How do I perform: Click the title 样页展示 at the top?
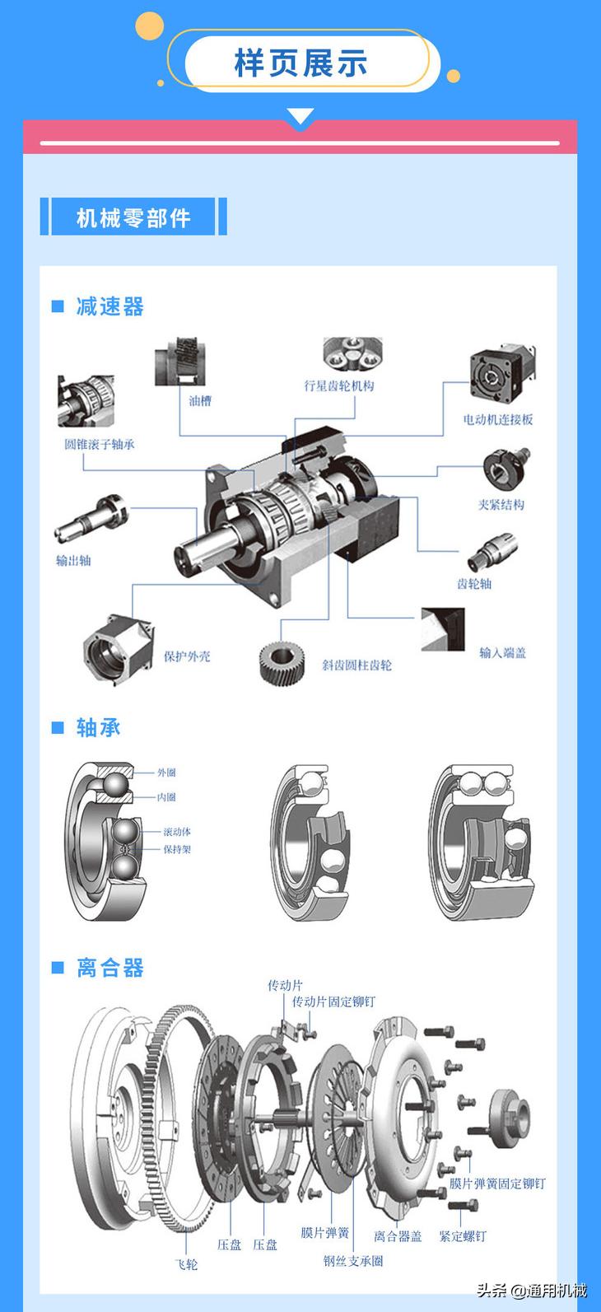click(x=300, y=63)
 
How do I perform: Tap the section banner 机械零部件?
click(x=133, y=218)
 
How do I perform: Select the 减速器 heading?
click(x=109, y=306)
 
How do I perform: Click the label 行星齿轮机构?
click(x=339, y=385)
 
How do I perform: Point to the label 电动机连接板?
click(x=498, y=419)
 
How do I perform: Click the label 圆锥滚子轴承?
click(x=100, y=445)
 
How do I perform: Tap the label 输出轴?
click(x=73, y=561)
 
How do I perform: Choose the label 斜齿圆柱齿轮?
click(x=356, y=665)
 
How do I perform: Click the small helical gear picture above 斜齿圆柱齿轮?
click(x=282, y=661)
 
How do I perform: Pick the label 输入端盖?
click(x=502, y=653)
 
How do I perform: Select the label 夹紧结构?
click(x=501, y=504)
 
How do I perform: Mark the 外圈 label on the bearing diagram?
click(x=166, y=773)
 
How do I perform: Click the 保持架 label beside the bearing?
click(x=177, y=849)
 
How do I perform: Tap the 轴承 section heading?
click(x=98, y=727)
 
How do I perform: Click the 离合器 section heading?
click(x=109, y=968)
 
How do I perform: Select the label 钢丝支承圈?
click(x=353, y=1260)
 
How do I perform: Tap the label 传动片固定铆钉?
click(x=333, y=1002)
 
